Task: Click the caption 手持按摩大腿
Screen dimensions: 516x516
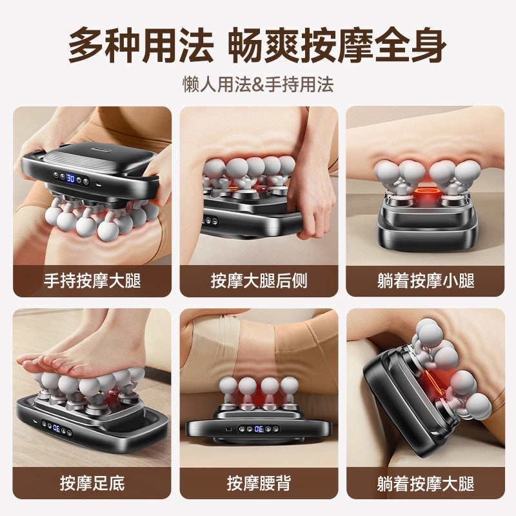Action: tap(92, 281)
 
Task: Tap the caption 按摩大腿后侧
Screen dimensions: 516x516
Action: tap(259, 281)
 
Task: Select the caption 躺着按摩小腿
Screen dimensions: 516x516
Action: tap(425, 281)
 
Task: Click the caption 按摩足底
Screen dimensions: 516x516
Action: tap(92, 482)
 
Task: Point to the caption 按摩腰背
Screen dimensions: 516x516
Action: tap(259, 482)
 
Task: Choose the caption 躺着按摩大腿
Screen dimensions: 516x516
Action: tap(425, 482)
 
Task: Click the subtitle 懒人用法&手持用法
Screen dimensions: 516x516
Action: tap(258, 84)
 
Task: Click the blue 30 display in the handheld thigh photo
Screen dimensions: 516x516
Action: tap(70, 178)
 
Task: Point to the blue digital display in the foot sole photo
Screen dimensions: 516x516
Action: tap(57, 426)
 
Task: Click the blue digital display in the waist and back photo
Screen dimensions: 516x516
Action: tap(258, 428)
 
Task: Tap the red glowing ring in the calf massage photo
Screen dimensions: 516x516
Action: tap(425, 191)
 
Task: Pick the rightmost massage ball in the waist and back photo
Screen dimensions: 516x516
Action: tap(288, 386)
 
